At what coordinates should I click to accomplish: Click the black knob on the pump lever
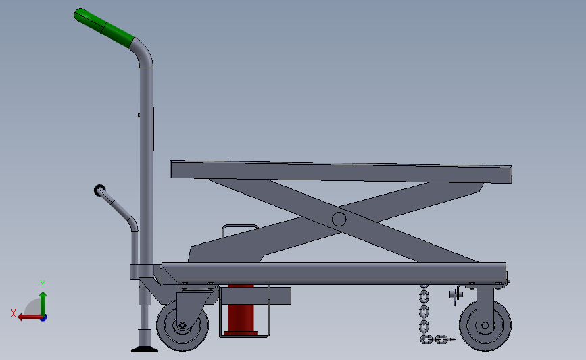coord(100,190)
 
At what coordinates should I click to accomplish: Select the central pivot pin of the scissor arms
coord(339,219)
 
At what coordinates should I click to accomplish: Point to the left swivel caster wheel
coord(181,326)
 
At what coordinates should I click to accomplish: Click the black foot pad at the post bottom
coord(144,349)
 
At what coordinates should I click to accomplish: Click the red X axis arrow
coord(27,317)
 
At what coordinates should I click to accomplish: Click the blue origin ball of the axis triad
coord(43,317)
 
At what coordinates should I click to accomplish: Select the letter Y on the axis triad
coord(42,284)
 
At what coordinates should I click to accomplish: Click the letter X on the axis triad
coord(13,313)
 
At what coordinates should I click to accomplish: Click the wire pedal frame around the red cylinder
coord(268,317)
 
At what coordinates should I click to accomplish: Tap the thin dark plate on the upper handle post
coord(153,128)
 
